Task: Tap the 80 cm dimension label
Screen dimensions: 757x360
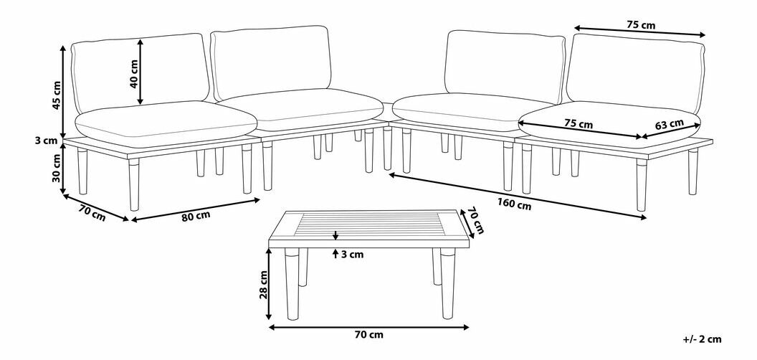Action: coord(196,217)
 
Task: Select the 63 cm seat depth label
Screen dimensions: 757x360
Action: coord(669,124)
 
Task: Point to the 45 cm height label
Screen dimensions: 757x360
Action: coord(57,94)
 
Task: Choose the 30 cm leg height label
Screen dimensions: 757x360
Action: coord(57,168)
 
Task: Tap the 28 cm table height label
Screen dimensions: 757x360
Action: coord(264,285)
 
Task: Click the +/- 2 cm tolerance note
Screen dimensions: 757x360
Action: coord(703,339)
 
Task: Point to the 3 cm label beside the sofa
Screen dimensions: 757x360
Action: coord(46,141)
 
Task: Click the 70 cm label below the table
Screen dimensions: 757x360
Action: coord(368,334)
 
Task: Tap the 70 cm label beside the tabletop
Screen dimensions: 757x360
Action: coord(477,222)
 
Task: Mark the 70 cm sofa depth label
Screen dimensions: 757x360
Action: coord(91,214)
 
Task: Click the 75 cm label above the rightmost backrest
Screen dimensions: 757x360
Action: coord(641,26)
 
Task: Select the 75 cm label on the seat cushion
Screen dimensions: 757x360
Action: coord(579,123)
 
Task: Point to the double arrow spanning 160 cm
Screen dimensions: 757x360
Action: coord(517,196)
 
